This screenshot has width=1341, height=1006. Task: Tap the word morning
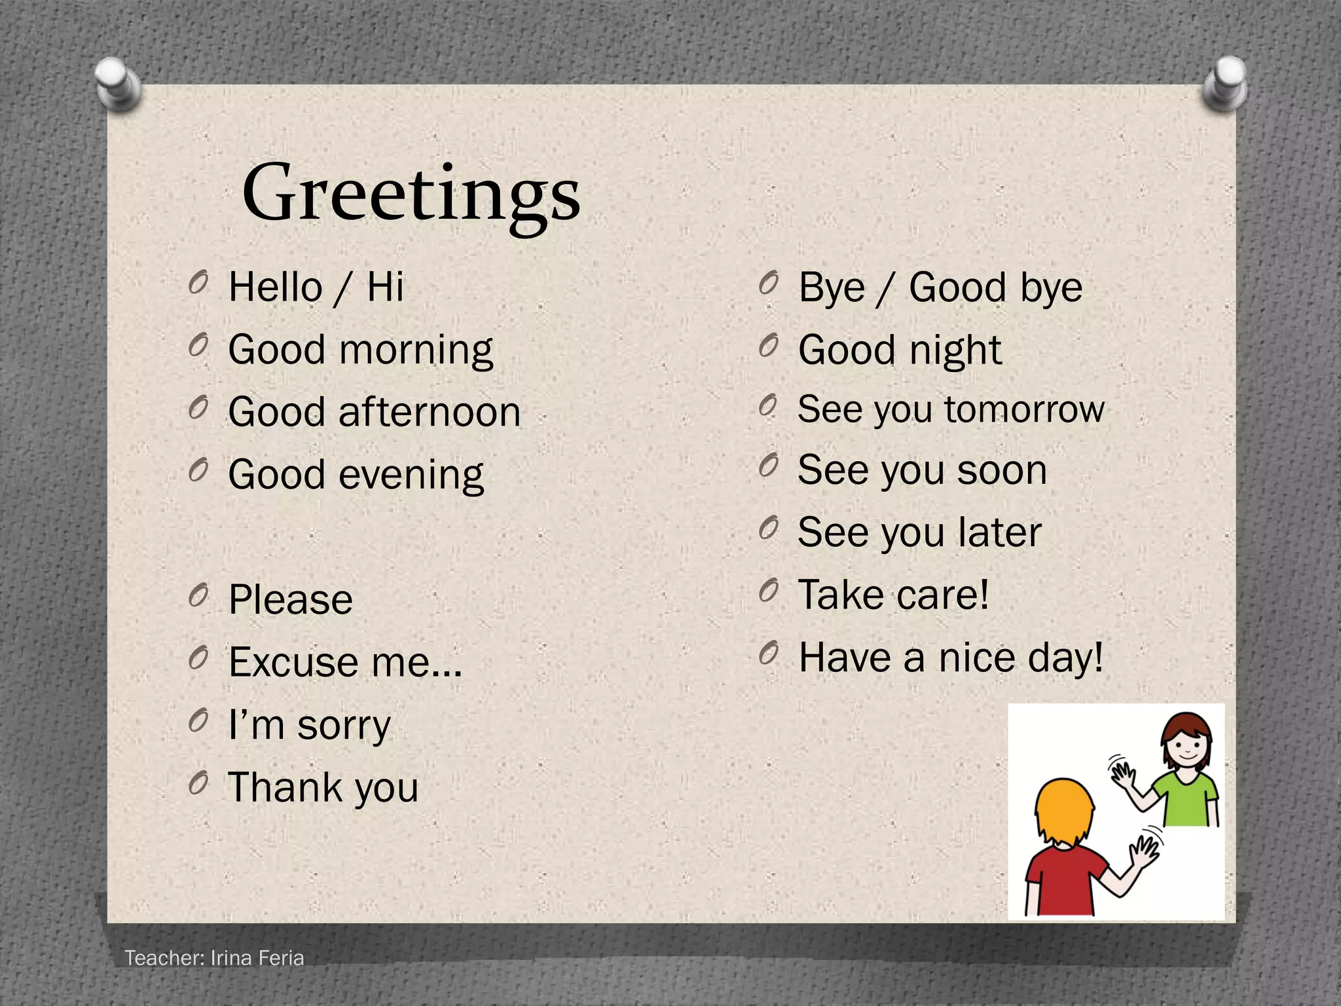[x=416, y=350]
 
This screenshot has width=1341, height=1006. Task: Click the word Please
[x=291, y=600]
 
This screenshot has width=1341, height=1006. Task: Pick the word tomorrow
[x=1024, y=410]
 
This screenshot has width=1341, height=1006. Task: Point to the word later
[x=1000, y=532]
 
